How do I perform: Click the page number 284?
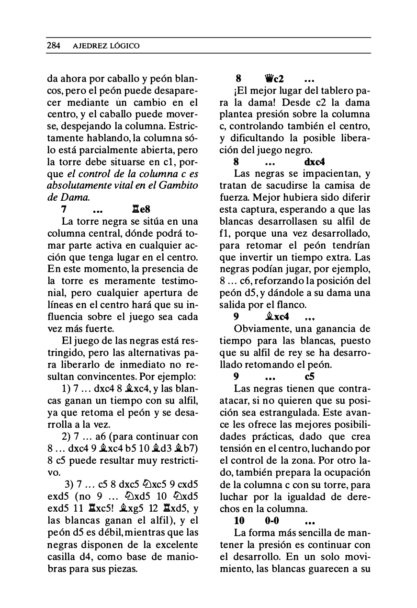click(x=53, y=46)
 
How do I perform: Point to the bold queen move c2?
click(x=274, y=78)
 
